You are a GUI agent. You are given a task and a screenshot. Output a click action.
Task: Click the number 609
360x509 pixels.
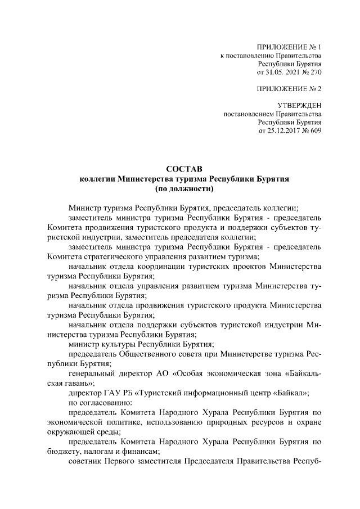point(314,132)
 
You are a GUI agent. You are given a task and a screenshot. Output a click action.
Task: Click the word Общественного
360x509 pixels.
point(147,354)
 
